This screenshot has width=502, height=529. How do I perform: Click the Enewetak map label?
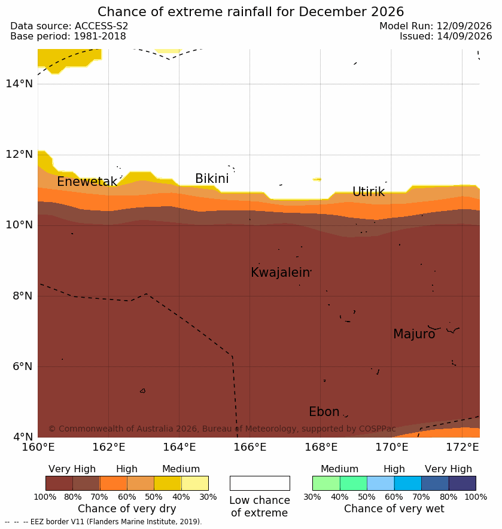pyautogui.click(x=87, y=182)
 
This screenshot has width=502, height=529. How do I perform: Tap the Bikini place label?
pyautogui.click(x=212, y=179)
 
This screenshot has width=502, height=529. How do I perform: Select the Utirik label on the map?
pyautogui.click(x=369, y=192)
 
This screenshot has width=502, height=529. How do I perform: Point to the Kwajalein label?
pyautogui.click(x=280, y=272)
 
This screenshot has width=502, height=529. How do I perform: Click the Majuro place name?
pyautogui.click(x=414, y=334)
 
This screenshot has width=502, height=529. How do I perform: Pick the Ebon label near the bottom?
pyautogui.click(x=324, y=412)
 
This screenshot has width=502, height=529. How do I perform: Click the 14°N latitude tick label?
pyautogui.click(x=19, y=83)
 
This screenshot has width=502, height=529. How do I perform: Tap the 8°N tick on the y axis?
pyautogui.click(x=23, y=296)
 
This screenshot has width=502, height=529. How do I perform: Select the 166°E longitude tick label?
pyautogui.click(x=250, y=447)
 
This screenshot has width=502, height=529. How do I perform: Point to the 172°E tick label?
pyautogui.click(x=463, y=447)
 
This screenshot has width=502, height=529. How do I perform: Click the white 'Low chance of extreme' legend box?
pyautogui.click(x=260, y=483)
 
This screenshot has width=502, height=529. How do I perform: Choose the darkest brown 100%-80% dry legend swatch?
pyautogui.click(x=59, y=483)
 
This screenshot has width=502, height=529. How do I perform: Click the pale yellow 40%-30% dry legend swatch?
pyautogui.click(x=195, y=483)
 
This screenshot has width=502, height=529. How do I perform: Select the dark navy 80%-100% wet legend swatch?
pyautogui.click(x=462, y=483)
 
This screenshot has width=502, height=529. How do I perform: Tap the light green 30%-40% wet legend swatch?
pyautogui.click(x=326, y=483)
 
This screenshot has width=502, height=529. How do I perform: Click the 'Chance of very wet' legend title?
pyautogui.click(x=394, y=509)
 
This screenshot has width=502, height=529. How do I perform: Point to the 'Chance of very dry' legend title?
pyautogui.click(x=127, y=509)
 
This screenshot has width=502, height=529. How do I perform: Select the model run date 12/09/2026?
pyautogui.click(x=464, y=26)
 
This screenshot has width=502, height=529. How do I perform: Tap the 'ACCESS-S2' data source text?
pyautogui.click(x=101, y=26)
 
